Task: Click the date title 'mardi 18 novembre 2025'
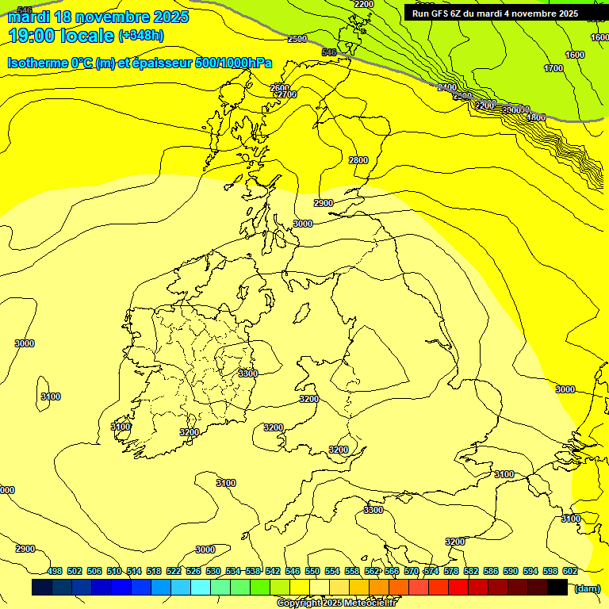pos(98,17)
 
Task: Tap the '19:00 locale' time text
pos(60,36)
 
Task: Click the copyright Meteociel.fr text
pos(337,603)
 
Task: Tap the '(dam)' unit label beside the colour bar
pos(587,588)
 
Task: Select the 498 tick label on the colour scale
pos(55,571)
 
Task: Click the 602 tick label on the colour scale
pos(569,571)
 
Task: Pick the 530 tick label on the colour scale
pos(213,571)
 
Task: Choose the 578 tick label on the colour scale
pos(450,571)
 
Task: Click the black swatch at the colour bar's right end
pos(557,588)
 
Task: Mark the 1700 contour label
pos(553,69)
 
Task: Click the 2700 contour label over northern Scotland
pos(285,94)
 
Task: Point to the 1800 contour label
pos(536,117)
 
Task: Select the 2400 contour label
pos(447,87)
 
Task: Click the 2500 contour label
pos(297,39)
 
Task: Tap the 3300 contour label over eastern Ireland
pos(248,373)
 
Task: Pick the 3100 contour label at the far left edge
pos(51,396)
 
